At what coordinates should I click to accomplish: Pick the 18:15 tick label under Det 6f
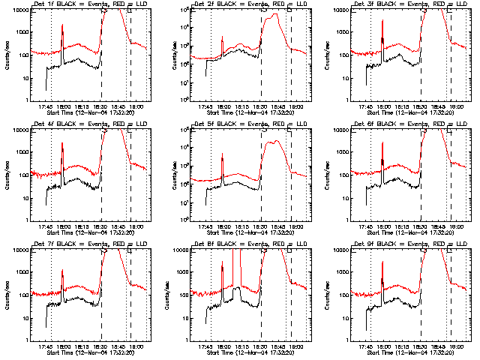402,226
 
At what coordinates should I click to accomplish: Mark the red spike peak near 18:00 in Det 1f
62,27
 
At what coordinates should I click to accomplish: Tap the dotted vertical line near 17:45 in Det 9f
370,300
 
